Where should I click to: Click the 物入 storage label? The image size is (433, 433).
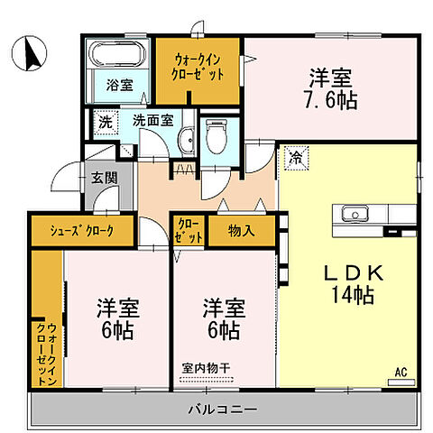pos(242,230)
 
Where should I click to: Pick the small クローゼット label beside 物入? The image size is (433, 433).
pos(189,230)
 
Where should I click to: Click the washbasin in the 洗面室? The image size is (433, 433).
pos(185,139)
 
